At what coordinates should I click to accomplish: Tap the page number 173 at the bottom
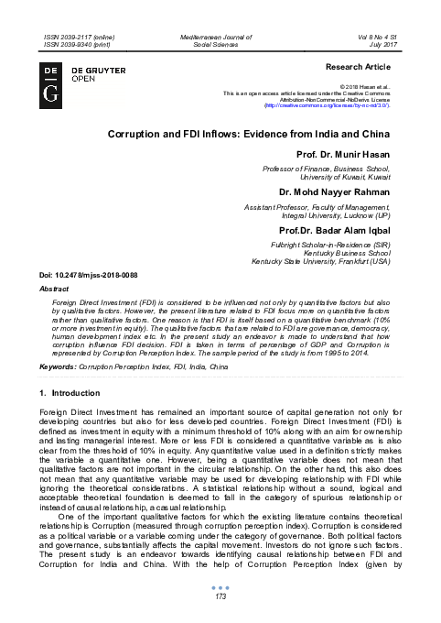(220, 597)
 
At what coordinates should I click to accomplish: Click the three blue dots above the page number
(220, 587)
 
